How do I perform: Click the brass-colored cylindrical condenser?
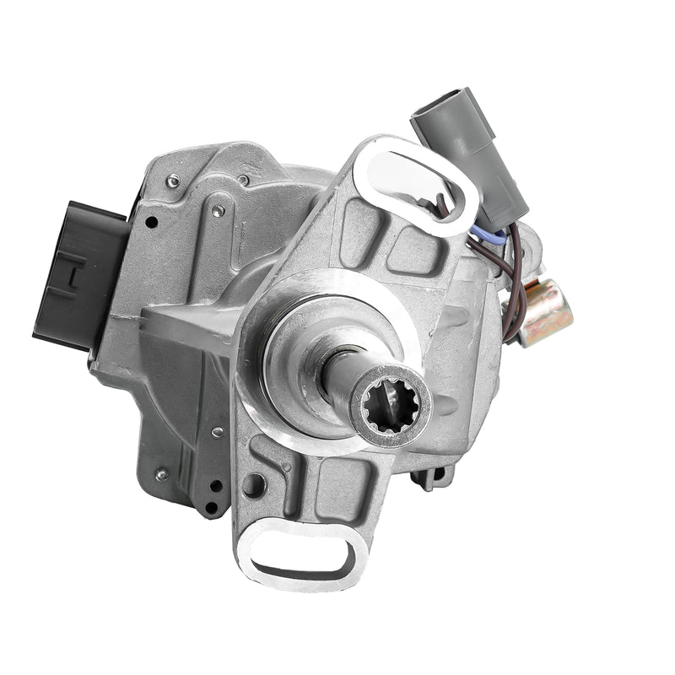[544, 312]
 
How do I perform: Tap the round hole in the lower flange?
[252, 485]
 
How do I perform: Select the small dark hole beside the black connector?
[151, 223]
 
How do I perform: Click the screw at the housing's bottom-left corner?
[160, 476]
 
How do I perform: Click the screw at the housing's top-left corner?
[173, 179]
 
